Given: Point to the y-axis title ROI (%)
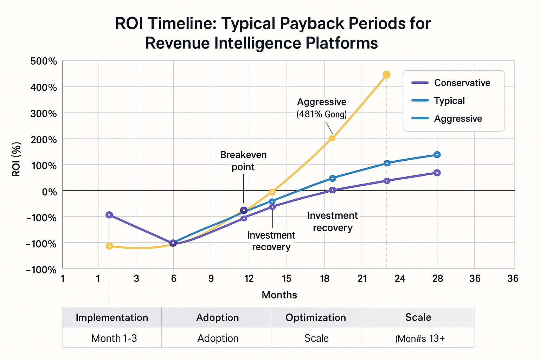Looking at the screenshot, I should pos(16,159).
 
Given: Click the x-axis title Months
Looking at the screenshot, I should pos(279,295).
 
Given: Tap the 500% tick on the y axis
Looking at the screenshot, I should pos(44,61).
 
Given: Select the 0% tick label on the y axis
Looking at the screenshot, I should pos(49,192).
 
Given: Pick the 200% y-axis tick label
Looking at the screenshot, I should pos(44,140).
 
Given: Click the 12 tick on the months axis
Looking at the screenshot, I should pos(249,278).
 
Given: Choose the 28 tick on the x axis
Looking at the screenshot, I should pos(437,278).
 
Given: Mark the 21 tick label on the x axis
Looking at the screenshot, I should pos(362,278).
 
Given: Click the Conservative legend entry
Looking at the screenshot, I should pos(462,83).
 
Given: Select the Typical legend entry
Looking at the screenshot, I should pos(449,101).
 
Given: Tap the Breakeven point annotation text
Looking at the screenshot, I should pos(243,161).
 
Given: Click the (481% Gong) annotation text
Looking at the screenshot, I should pos(321,114).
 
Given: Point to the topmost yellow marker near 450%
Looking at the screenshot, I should pos(386,75).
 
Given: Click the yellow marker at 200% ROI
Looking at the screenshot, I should pos(332,138).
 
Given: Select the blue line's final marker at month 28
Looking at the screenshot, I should pos(437,155).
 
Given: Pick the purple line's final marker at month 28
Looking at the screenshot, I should pos(437,173).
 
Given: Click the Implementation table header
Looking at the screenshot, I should pos(112,317).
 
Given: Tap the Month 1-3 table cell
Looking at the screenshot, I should pos(114,338).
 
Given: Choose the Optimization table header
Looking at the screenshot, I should pos(316,317).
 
